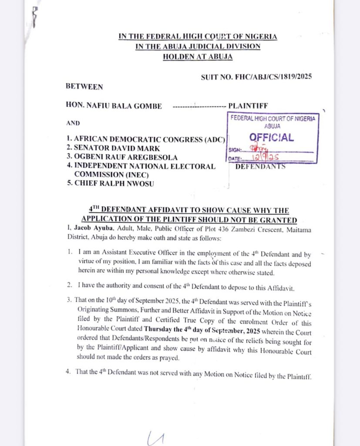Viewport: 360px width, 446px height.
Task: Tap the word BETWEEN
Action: [84, 87]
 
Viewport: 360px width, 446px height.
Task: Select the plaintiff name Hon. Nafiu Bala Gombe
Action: [114, 106]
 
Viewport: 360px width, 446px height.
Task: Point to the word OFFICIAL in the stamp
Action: [271, 138]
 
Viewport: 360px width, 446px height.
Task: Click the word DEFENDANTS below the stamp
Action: [260, 166]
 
